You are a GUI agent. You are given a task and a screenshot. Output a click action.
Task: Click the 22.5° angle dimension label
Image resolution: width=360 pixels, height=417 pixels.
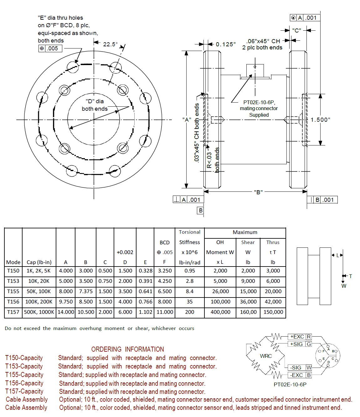click(x=110, y=44)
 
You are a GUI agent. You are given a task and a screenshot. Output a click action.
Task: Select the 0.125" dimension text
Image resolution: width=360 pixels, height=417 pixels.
click(x=225, y=44)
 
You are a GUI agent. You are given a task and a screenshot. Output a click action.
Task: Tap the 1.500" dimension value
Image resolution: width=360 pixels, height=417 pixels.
click(x=320, y=120)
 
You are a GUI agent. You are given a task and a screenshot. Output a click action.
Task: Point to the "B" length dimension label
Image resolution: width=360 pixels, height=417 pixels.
click(x=258, y=192)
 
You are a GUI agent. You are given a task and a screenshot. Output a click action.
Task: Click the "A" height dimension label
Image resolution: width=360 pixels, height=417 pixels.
click(x=187, y=120)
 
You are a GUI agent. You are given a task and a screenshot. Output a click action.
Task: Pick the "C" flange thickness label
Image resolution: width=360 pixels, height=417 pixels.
click(x=296, y=31)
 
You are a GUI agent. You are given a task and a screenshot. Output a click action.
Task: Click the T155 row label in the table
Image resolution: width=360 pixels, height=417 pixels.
click(x=13, y=291)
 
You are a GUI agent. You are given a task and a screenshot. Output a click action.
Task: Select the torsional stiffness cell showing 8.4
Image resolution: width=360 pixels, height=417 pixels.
click(x=189, y=291)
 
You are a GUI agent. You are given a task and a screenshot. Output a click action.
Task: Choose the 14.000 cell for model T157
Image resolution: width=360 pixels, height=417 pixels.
click(x=66, y=312)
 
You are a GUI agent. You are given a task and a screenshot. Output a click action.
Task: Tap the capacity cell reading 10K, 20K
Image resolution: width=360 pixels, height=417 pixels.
click(x=39, y=281)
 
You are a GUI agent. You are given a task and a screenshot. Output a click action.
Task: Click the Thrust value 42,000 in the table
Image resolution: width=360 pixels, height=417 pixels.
click(x=273, y=302)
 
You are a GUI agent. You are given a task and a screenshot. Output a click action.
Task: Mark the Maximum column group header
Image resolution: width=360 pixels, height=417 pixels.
click(x=245, y=232)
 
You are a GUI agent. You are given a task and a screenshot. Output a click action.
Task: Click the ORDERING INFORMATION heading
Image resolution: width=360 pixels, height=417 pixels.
click(x=127, y=349)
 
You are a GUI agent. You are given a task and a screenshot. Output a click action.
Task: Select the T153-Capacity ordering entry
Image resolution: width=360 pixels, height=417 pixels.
click(x=24, y=366)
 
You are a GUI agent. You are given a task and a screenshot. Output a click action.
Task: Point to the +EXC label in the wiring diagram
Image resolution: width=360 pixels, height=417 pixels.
click(x=297, y=337)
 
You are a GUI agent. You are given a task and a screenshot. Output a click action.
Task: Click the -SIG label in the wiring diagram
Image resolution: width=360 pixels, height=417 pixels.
click(x=296, y=368)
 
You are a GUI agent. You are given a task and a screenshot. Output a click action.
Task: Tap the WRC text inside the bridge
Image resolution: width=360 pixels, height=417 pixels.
click(x=266, y=356)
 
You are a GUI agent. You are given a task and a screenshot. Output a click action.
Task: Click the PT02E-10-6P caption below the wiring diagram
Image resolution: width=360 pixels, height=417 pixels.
click(x=290, y=384)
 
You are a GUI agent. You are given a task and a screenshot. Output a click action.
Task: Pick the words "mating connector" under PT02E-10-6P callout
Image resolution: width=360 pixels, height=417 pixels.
click(x=259, y=108)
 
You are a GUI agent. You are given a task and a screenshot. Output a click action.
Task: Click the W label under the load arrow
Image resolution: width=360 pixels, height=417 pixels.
click(x=344, y=286)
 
